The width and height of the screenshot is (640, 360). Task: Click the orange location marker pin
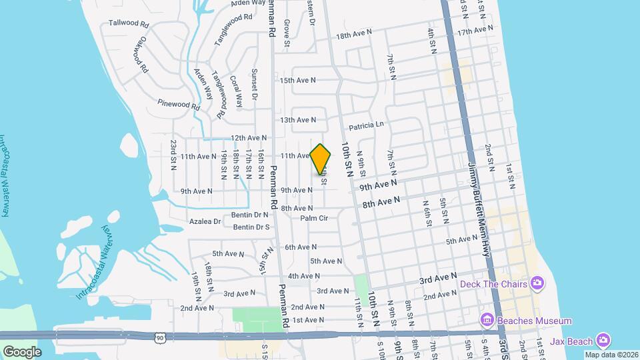pyautogui.click(x=321, y=159)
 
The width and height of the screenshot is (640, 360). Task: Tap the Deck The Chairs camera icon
pyautogui.click(x=537, y=284)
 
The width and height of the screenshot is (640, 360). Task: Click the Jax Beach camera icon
pyautogui.click(x=603, y=341)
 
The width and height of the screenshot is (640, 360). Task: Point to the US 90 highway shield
pyautogui.click(x=160, y=339)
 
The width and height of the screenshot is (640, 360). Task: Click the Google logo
pyautogui.click(x=22, y=351)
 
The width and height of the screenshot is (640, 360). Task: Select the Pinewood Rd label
pyautogui.click(x=179, y=103)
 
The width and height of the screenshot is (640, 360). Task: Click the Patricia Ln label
pyautogui.click(x=367, y=125)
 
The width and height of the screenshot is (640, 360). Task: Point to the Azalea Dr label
pyautogui.click(x=204, y=221)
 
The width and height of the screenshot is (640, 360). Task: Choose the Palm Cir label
pyautogui.click(x=314, y=218)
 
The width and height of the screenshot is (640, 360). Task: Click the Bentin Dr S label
pyautogui.click(x=251, y=227)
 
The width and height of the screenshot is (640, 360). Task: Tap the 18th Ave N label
pyautogui.click(x=353, y=36)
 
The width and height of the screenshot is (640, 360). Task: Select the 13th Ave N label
pyautogui.click(x=297, y=120)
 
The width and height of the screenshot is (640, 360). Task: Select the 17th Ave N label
pyautogui.click(x=474, y=31)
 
